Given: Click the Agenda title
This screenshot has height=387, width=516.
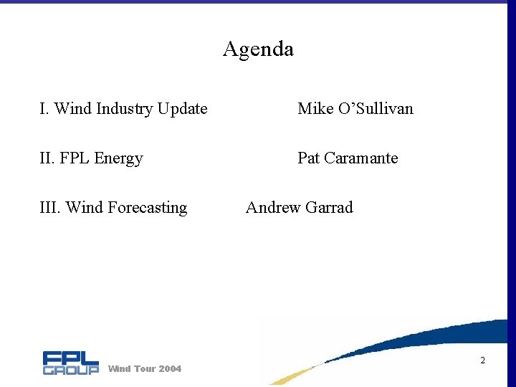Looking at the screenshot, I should (258, 49).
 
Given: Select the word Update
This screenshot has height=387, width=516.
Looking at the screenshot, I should (183, 109).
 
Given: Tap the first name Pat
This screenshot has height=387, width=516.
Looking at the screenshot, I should (308, 158).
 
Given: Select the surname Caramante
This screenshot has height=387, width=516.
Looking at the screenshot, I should (361, 158).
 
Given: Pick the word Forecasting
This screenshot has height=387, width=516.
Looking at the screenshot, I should (147, 209).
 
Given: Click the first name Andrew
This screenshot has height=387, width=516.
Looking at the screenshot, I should (272, 208).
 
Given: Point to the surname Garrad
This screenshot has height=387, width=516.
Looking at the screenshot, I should (328, 208).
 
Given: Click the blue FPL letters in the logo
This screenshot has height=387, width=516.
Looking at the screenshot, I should (70, 358).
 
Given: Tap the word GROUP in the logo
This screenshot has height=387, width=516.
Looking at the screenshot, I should (70, 370).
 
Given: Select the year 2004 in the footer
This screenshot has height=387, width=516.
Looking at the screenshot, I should (170, 369).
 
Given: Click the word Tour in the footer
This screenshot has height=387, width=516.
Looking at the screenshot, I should (144, 369).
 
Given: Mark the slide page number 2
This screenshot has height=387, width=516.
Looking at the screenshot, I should (482, 360).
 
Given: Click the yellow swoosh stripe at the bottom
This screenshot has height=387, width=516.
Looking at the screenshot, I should (294, 377).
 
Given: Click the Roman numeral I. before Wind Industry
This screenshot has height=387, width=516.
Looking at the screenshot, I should (44, 109).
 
